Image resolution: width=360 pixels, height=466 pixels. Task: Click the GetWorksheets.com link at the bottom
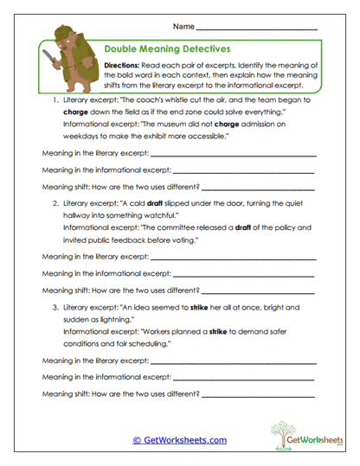coord(179,439)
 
